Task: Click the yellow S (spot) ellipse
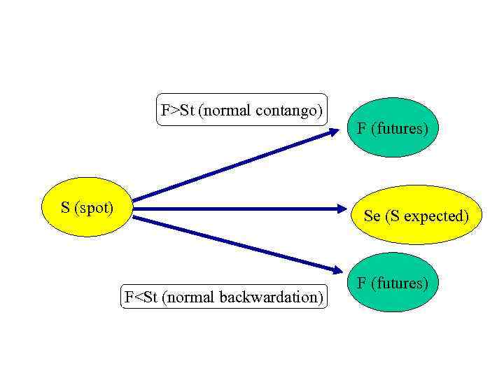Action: (87, 207)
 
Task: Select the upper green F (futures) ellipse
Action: (393, 127)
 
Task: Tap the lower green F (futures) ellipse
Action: (393, 282)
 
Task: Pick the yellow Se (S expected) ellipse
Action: (416, 215)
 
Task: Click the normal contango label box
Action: (241, 110)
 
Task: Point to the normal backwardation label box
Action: (224, 297)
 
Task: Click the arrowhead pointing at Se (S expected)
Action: (341, 208)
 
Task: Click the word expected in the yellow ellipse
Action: (436, 216)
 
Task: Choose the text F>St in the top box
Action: (177, 110)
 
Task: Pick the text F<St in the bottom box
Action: (141, 297)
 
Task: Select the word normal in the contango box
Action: (225, 110)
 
